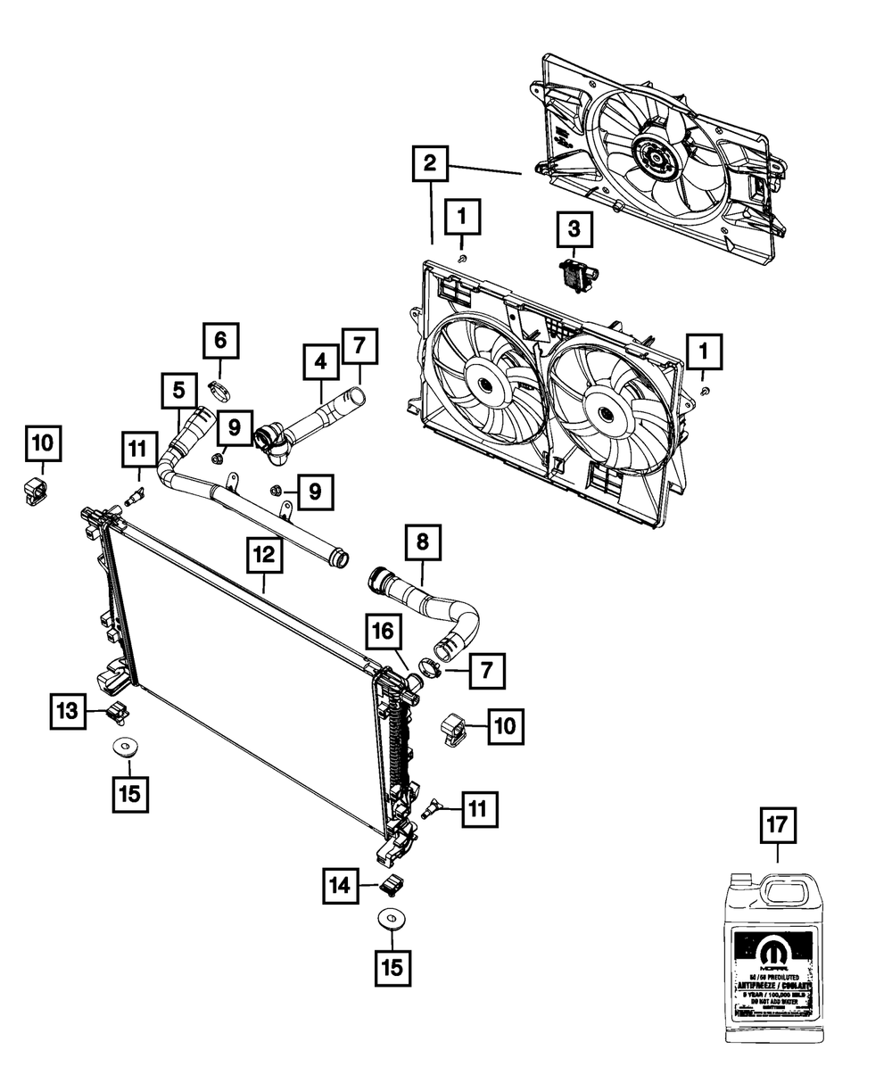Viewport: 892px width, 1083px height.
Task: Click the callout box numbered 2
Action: (430, 163)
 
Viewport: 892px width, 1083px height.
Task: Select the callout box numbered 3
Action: (574, 229)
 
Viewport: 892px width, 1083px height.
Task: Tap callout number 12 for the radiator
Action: (265, 555)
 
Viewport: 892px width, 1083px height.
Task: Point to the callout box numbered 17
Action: (777, 825)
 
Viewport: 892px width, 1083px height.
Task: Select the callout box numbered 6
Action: (219, 340)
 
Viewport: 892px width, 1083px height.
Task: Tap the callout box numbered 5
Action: (179, 390)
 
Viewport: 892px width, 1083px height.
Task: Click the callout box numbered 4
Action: (320, 361)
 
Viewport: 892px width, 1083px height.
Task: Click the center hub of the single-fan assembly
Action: (653, 161)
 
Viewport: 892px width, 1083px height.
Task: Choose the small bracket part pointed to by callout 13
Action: (117, 711)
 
